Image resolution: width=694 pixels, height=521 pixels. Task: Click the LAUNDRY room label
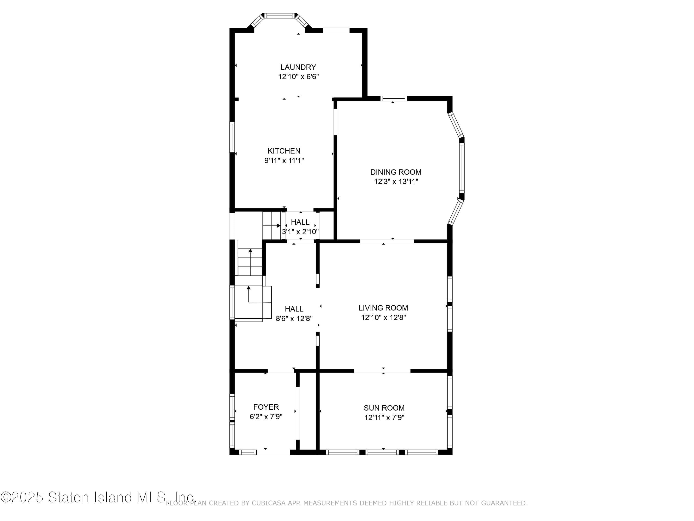coord(298,67)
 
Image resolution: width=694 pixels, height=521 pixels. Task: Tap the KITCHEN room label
coord(284,151)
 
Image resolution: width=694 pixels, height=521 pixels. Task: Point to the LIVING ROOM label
coord(383,308)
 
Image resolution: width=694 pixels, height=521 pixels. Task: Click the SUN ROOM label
coord(384,408)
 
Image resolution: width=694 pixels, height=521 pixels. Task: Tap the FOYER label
coord(266,407)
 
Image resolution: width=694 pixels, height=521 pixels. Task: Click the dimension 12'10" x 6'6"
coord(298,77)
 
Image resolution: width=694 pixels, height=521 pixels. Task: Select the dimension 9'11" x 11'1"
coord(284,160)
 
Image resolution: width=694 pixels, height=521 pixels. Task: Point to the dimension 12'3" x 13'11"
coord(396,182)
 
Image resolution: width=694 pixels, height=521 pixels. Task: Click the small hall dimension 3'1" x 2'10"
coord(300,232)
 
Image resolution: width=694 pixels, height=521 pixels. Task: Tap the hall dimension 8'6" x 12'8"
coord(294,318)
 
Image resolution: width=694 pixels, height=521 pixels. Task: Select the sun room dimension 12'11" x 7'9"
coord(384,417)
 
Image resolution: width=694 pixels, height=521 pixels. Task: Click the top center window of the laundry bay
coord(279,15)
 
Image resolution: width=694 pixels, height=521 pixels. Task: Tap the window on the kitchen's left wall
coord(232,137)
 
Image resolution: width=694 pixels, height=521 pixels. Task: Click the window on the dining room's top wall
coord(394,98)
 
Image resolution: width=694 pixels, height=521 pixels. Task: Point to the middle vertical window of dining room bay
coord(462,167)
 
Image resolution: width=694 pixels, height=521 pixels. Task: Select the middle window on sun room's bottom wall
coord(382,452)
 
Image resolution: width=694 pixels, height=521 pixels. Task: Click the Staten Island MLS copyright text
coord(98,497)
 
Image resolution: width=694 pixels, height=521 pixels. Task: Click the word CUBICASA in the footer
coord(269,503)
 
